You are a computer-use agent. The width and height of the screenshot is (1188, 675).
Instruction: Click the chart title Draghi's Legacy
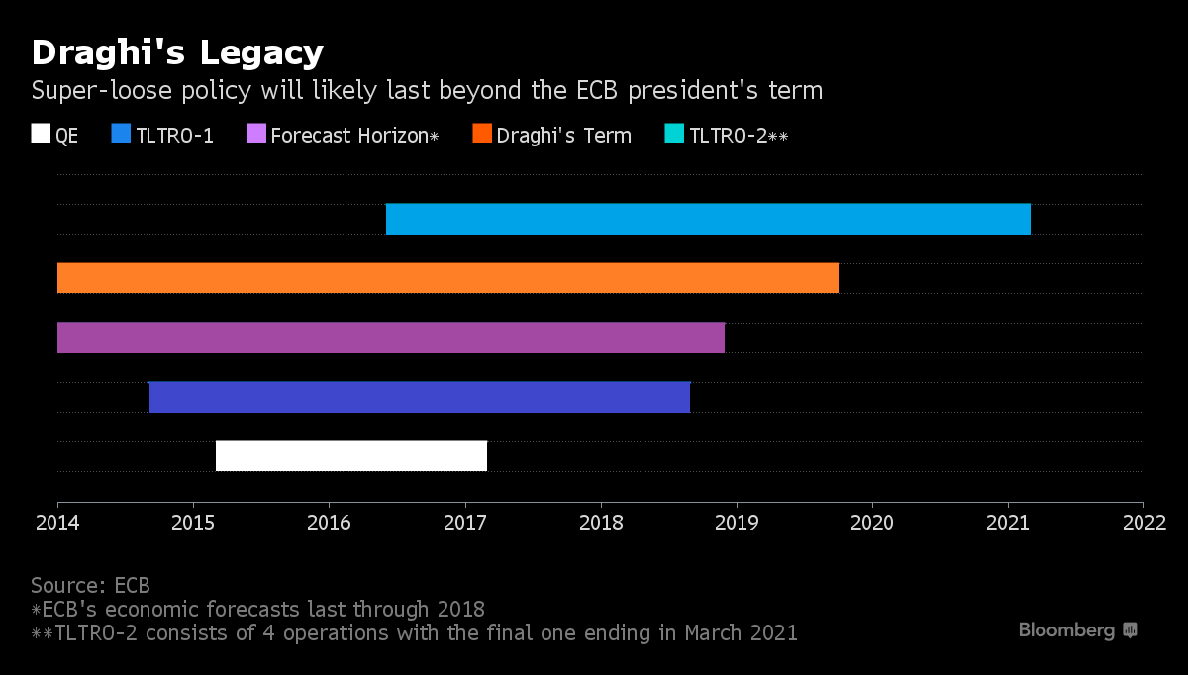click(177, 51)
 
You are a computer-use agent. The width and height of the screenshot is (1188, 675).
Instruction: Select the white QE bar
click(351, 456)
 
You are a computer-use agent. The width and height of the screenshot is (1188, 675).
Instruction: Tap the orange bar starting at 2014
click(447, 278)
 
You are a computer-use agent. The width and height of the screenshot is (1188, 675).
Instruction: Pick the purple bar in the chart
click(391, 337)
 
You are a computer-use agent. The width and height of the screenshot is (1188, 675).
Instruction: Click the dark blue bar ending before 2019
click(419, 397)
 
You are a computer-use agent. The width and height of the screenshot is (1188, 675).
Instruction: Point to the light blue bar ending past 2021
click(708, 219)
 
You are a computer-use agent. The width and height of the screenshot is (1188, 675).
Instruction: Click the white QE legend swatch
click(41, 135)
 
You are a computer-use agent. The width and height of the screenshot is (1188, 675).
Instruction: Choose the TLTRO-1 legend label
click(174, 136)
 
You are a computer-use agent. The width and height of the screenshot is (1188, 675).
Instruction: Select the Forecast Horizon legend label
click(353, 136)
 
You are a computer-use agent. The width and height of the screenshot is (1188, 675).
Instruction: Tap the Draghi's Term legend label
click(563, 136)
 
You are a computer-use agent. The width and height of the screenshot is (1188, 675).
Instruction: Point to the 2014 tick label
click(57, 521)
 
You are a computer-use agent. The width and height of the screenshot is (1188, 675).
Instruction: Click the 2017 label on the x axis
click(465, 521)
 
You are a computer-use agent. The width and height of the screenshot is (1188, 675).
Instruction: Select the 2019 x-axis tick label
click(737, 521)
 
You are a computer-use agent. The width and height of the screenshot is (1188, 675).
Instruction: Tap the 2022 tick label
click(1143, 521)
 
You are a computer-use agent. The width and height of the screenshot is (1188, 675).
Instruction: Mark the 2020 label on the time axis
click(872, 521)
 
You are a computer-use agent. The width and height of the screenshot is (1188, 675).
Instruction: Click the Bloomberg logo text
click(1066, 630)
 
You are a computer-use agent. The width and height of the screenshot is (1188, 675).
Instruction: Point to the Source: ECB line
click(90, 585)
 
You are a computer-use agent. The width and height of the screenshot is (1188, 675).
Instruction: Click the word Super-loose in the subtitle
click(90, 91)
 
